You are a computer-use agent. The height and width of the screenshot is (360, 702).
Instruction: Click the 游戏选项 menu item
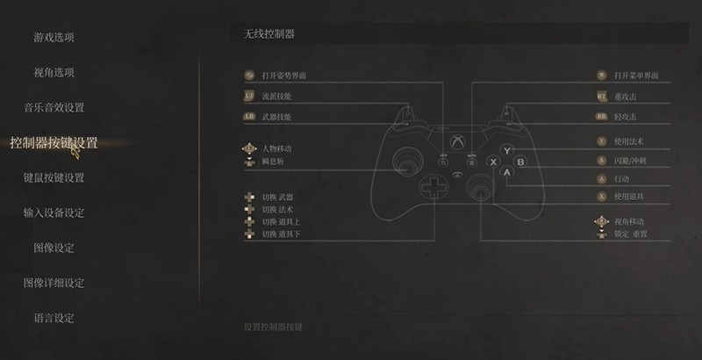[x=54, y=37]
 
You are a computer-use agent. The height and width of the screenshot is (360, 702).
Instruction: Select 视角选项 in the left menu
[x=54, y=72]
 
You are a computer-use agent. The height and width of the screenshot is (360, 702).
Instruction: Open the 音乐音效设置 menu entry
[x=54, y=107]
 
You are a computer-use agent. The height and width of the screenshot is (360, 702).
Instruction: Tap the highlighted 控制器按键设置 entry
[x=54, y=142]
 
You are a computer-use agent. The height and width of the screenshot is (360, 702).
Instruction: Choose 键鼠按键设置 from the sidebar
[x=54, y=177]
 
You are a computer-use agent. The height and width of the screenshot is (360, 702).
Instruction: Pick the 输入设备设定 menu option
[x=54, y=212]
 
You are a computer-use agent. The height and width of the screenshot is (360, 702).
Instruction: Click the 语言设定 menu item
[x=54, y=318]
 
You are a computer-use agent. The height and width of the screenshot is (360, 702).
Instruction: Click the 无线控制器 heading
[x=269, y=33]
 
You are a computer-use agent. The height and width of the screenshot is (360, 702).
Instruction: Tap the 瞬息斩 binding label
[x=273, y=162]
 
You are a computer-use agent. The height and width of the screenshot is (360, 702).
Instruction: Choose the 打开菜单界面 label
[x=636, y=76]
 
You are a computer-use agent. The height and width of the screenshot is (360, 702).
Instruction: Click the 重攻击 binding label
[x=627, y=97]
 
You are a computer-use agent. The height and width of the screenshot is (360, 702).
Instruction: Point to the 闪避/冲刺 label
[x=631, y=161]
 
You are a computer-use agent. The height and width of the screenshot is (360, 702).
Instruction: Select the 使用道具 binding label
[x=631, y=197]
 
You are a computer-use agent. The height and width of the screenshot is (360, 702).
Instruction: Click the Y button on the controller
[x=506, y=151]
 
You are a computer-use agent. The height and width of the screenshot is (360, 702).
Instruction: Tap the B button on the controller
[x=519, y=162]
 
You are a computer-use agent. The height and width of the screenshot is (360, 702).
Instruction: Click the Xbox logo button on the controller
[x=457, y=140]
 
